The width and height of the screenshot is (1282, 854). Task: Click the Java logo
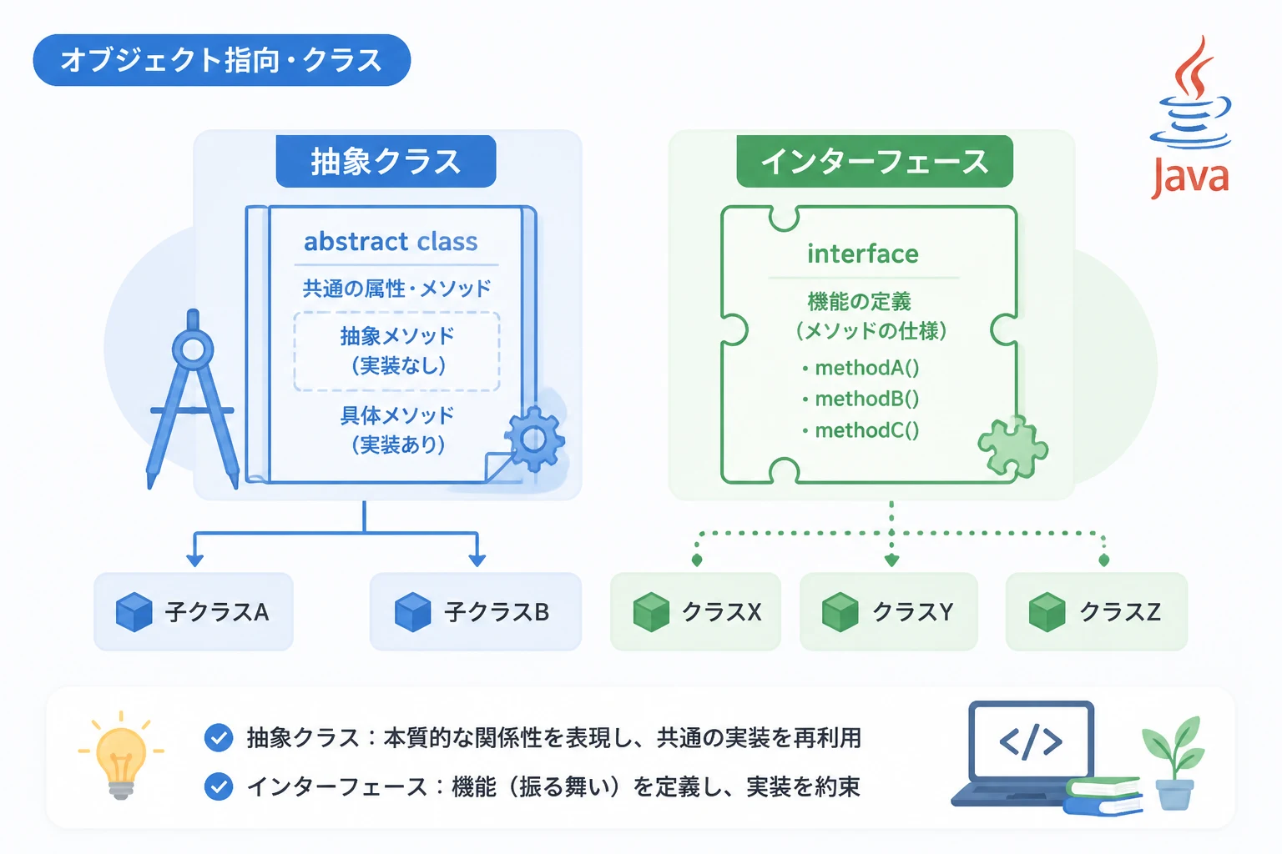[x=1190, y=118]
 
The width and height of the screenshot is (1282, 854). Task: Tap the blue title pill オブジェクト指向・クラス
[x=222, y=60]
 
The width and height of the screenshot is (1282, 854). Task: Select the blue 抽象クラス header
[x=386, y=161]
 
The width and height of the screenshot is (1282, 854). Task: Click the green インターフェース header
[x=875, y=161]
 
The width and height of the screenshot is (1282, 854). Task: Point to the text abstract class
[x=391, y=241]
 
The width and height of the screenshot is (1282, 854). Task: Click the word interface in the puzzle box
[x=863, y=254]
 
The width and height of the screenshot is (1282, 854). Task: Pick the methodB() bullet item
[x=861, y=399]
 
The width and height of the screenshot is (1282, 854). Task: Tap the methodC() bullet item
[x=861, y=430]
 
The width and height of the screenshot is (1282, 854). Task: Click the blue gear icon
[x=534, y=439]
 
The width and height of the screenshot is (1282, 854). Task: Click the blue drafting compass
[x=193, y=399]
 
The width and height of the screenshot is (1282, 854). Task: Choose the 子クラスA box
[x=194, y=611]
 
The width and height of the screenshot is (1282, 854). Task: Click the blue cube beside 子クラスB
[x=412, y=612]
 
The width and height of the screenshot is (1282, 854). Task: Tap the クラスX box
[x=695, y=611]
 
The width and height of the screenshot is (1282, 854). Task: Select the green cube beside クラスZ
[x=1047, y=612]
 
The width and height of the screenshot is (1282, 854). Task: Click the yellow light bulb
[x=121, y=755]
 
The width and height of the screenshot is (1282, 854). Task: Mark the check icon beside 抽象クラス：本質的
[x=219, y=737]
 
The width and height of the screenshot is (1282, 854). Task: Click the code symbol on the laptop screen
[x=1031, y=741]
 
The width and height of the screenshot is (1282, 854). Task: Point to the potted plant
[x=1174, y=763]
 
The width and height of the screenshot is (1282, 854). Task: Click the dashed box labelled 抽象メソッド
[x=396, y=351]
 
